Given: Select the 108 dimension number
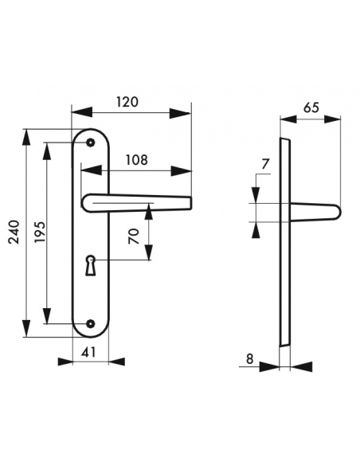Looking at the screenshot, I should click(136, 159).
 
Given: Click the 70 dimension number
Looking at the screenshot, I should click(134, 236).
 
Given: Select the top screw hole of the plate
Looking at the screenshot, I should click(91, 143).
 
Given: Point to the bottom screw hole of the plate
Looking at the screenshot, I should click(91, 323).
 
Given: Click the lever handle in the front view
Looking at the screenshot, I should click(135, 202).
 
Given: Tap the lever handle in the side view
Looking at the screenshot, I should click(315, 211).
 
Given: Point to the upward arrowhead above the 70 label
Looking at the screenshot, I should click(148, 210).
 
